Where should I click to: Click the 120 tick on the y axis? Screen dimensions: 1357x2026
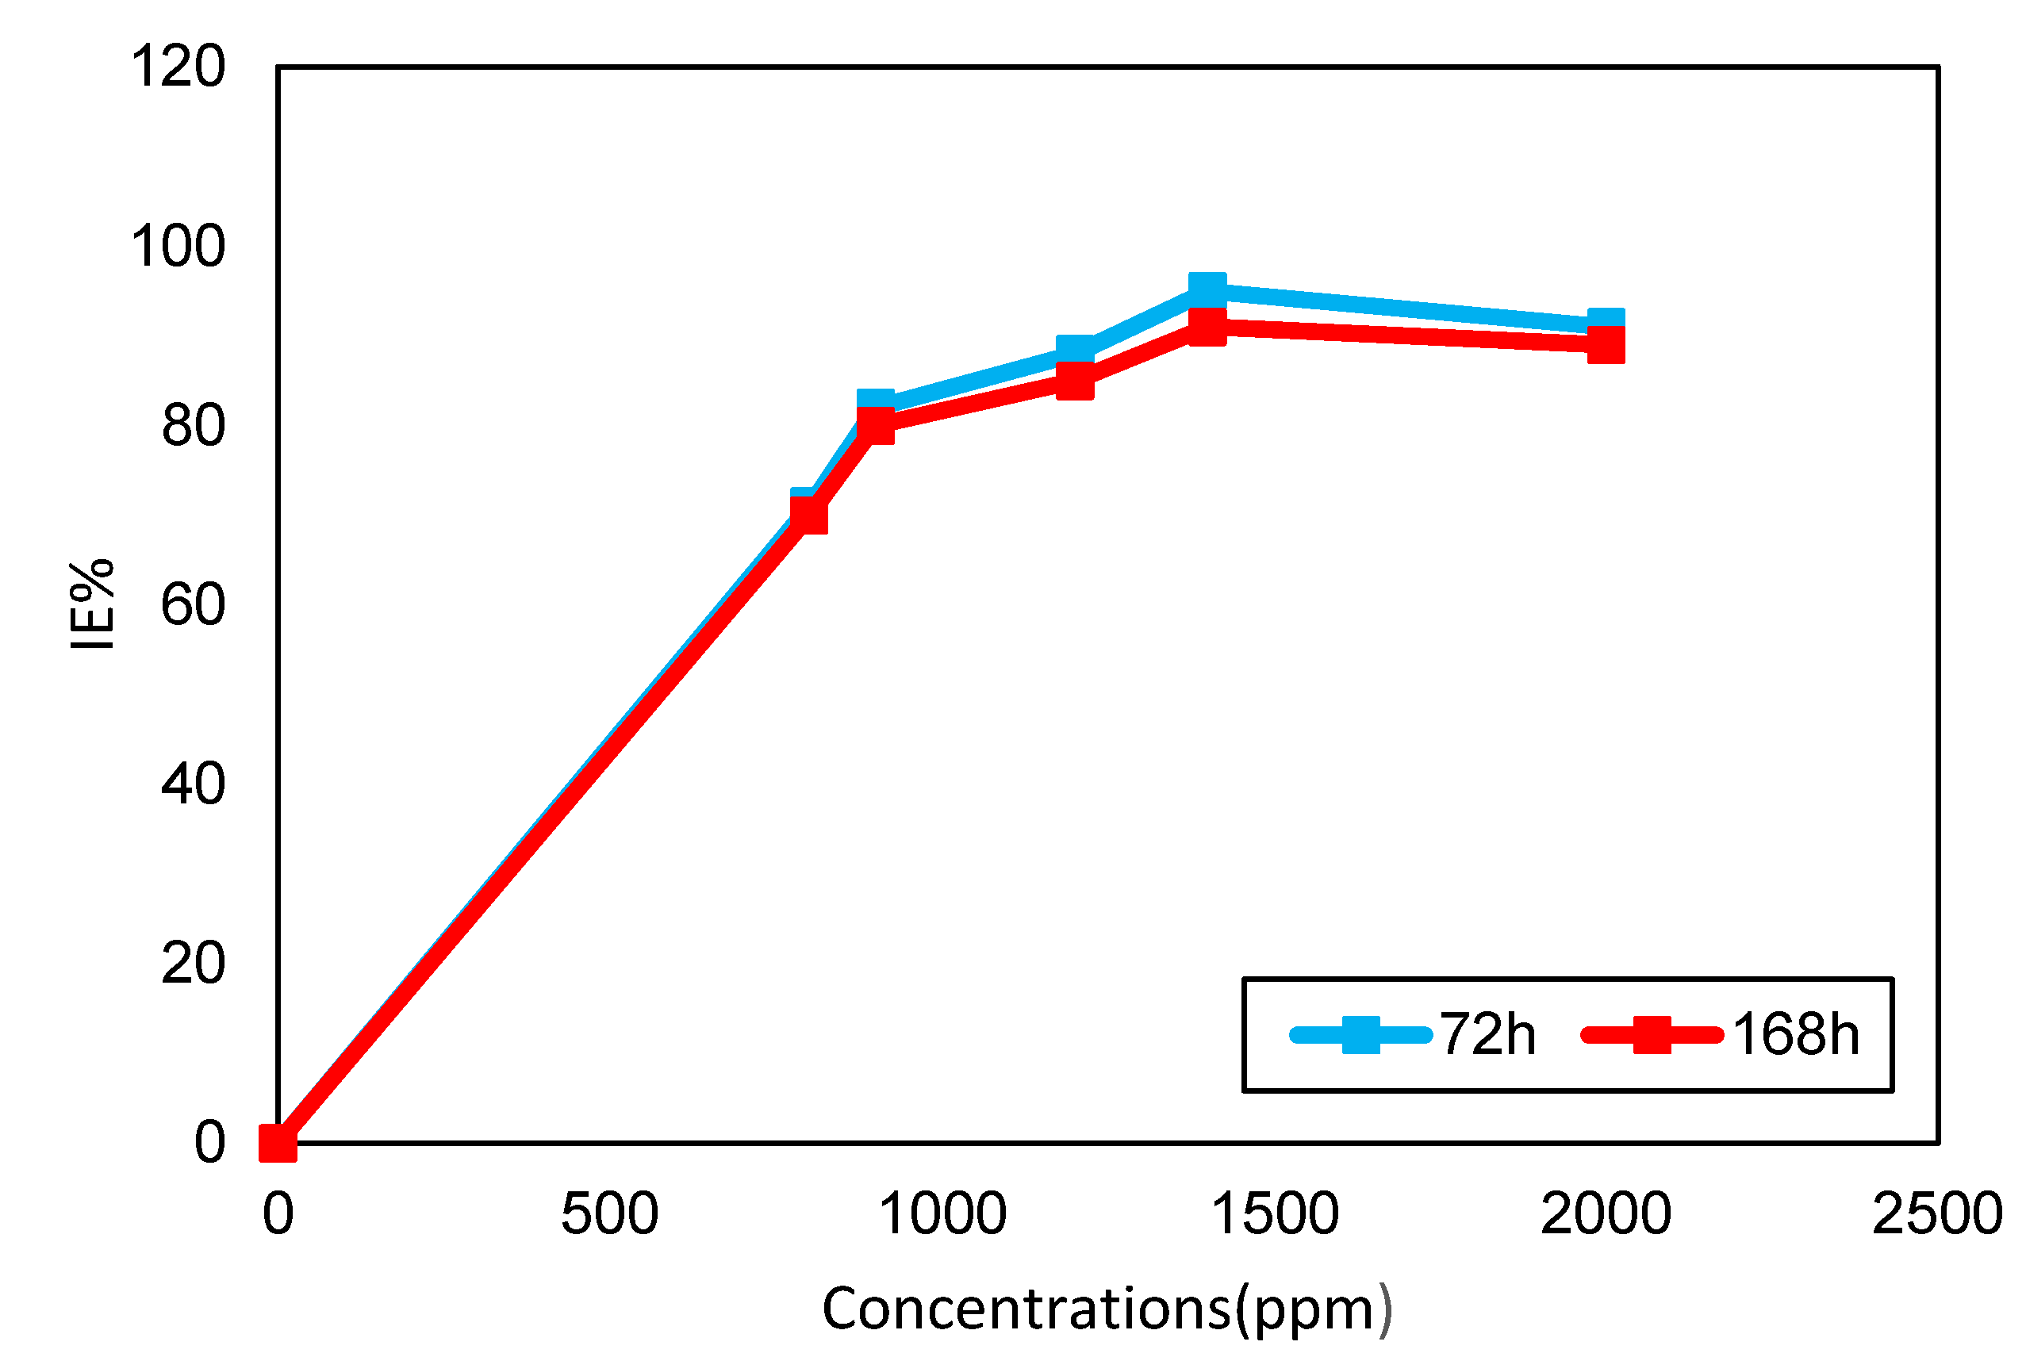click(178, 67)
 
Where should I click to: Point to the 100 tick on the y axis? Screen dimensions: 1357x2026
click(178, 247)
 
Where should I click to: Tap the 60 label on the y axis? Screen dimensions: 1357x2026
click(194, 605)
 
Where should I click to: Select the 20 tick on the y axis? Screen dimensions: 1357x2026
click(194, 964)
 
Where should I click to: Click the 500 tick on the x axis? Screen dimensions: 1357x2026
click(609, 1214)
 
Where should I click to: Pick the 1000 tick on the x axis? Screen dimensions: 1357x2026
click(942, 1214)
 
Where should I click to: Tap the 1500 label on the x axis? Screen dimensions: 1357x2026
click(1275, 1214)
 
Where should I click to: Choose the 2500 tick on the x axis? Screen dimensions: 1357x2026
click(1938, 1214)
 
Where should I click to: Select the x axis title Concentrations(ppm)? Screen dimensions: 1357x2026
click(1107, 1309)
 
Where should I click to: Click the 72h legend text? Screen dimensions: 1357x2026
click(1487, 1035)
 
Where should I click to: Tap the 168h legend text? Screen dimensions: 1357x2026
click(1795, 1035)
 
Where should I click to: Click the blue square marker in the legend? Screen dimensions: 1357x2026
click(1360, 1035)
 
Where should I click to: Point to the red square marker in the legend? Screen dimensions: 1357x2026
click(1652, 1035)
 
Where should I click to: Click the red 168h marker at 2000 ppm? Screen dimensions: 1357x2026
click(1606, 345)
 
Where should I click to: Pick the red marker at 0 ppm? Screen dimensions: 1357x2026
click(278, 1143)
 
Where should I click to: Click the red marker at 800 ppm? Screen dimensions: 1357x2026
click(809, 516)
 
